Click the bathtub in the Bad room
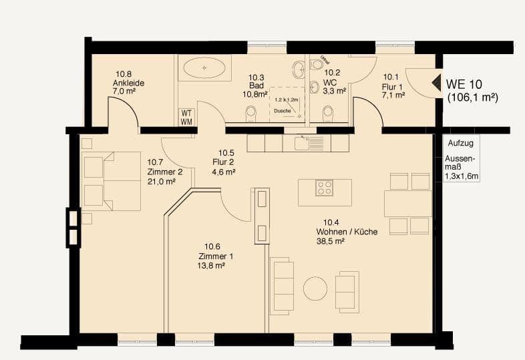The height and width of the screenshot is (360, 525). pos(204,69)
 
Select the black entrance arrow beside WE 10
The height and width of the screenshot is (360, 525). pos(435,83)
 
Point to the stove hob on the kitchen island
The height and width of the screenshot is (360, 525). pos(325,188)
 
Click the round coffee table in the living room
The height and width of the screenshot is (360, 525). pos(315,289)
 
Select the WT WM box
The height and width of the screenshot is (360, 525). pos(186,117)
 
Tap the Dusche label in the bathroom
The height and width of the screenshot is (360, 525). pos(283,111)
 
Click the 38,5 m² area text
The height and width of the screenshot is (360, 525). pos(330,241)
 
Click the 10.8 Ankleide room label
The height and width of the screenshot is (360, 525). pos(128,83)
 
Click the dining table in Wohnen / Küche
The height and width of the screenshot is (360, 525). pos(407,204)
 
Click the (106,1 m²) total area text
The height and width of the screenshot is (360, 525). pos(472,98)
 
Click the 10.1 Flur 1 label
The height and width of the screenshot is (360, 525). pos(393,86)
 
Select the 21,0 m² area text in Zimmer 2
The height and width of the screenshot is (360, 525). pos(161,180)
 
